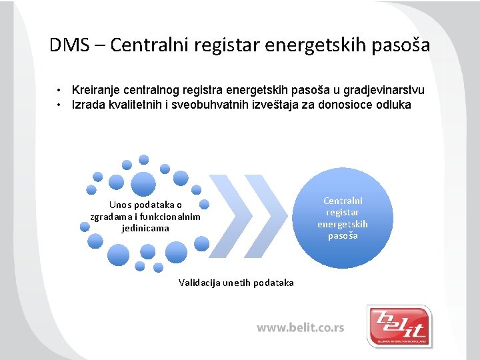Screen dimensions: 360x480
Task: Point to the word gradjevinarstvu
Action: coord(384,90)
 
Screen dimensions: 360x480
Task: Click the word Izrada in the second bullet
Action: coord(87,105)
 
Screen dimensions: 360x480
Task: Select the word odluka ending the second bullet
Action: coord(394,105)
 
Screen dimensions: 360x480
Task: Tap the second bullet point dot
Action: coord(60,105)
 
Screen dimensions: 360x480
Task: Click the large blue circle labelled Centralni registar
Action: coord(342,218)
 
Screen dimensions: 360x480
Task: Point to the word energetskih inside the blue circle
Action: coord(342,224)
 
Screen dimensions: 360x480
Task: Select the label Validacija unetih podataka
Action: coord(236,283)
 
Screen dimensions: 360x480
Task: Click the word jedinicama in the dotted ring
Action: coord(145,228)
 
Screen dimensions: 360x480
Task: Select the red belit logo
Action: coord(399,325)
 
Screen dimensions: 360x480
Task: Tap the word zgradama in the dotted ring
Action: coord(110,217)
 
